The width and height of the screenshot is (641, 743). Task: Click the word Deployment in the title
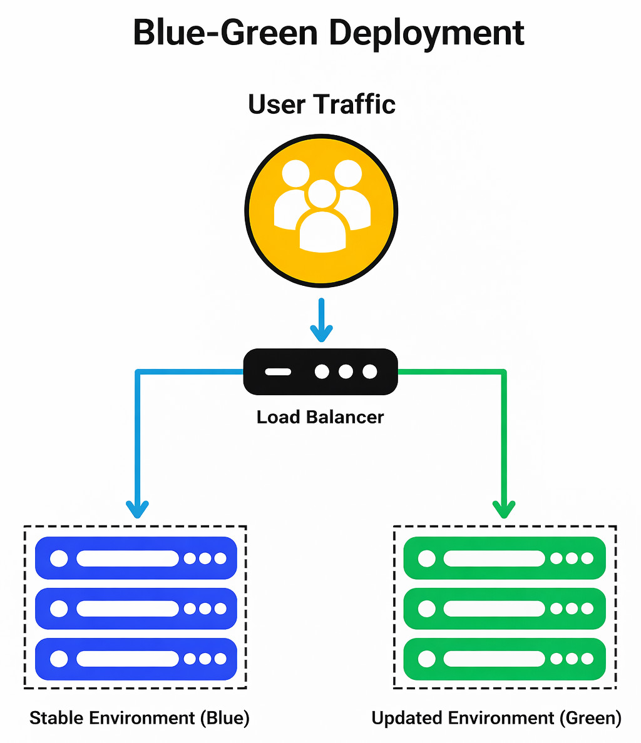pos(426,33)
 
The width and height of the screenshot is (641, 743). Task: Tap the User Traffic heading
pos(322,104)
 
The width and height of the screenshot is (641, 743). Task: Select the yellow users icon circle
pos(321,210)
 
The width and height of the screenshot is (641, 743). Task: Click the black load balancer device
pos(320,372)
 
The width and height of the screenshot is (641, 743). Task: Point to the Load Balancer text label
pos(320,417)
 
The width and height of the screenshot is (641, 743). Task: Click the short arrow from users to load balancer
pos(321,320)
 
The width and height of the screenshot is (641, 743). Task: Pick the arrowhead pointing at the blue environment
pos(137,509)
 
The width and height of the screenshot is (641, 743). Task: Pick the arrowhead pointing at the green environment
pos(504,509)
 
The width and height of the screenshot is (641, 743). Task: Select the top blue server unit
pos(136,558)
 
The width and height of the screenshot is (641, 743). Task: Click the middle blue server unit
pos(136,609)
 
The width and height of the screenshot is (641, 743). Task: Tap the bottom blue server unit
pos(136,659)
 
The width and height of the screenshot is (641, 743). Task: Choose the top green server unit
pos(505,558)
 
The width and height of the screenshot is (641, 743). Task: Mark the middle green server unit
pos(505,609)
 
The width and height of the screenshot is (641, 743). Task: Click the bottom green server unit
pos(505,659)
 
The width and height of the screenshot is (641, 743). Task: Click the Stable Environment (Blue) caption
pos(140,718)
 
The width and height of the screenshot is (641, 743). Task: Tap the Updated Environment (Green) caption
pos(496,718)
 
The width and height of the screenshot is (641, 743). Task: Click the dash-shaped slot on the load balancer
pos(278,372)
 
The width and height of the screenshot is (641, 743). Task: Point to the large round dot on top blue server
pos(59,558)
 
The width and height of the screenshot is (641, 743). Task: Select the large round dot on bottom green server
pos(427,659)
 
